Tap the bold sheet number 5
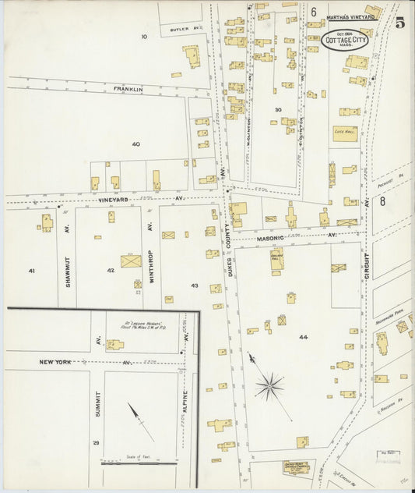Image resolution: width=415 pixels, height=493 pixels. [399, 23]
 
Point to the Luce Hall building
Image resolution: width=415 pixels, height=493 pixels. [345, 133]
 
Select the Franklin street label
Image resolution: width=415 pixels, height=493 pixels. [128, 90]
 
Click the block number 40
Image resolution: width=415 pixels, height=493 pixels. [135, 144]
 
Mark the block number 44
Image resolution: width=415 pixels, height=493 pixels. [302, 338]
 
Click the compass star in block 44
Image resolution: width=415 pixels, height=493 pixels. [269, 385]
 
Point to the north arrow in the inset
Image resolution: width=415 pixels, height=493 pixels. [140, 422]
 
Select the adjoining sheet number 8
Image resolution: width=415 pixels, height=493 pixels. [382, 201]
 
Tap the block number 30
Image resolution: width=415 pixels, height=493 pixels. [277, 109]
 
